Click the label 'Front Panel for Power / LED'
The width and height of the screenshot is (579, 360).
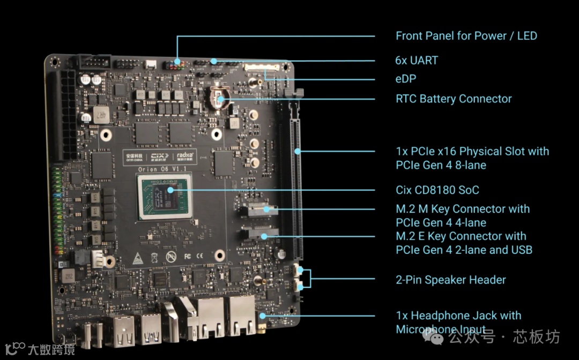466,36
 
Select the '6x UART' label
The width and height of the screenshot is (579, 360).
417,60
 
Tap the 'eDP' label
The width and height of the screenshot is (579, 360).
406,79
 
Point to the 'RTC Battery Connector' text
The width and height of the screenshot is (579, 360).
454,99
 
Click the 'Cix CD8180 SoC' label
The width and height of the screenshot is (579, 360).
437,190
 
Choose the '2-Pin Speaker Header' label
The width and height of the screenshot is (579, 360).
450,280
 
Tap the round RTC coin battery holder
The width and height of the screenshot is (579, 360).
220,98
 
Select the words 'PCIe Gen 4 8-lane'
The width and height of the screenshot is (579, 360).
441,165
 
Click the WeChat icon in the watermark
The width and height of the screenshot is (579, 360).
433,336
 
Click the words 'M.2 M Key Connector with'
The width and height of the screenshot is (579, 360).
462,209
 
